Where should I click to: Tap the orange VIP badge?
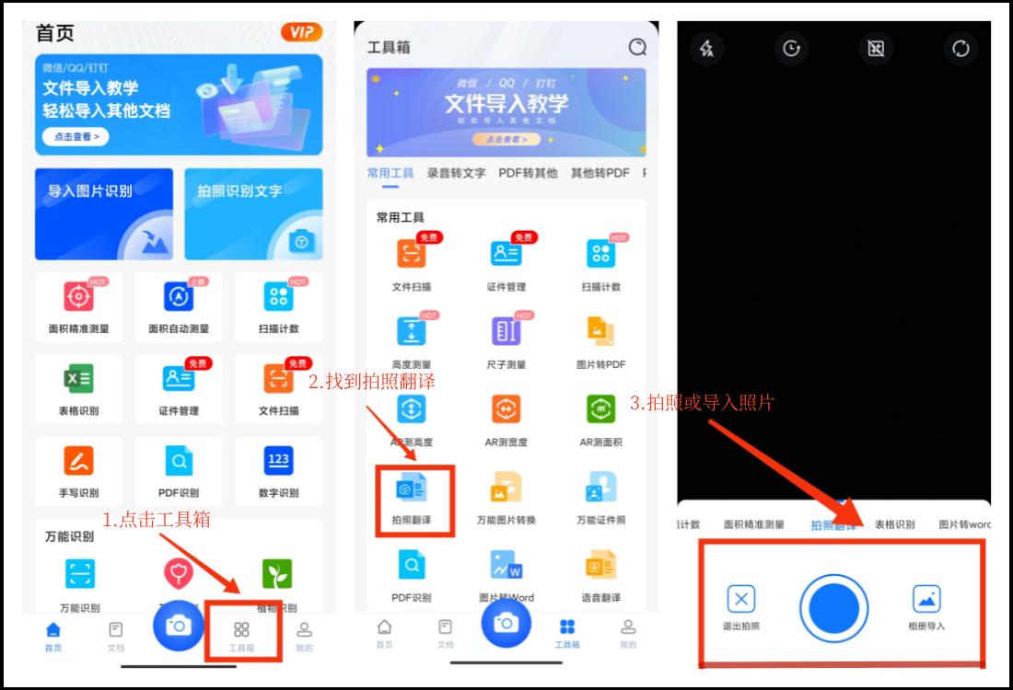click(302, 32)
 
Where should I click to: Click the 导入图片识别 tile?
click(103, 213)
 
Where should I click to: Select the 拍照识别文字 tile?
click(253, 213)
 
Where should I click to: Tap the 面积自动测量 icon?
click(179, 296)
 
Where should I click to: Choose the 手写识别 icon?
click(78, 459)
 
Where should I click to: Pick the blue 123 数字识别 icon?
click(278, 459)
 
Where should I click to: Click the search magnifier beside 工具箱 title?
click(637, 47)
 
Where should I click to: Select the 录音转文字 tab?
click(456, 173)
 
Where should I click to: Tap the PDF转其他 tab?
click(528, 173)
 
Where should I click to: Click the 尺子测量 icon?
click(506, 331)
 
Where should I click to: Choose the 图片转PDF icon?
click(600, 331)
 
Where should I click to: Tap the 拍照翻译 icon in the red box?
click(411, 489)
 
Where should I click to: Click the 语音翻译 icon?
click(600, 565)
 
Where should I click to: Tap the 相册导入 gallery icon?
click(926, 600)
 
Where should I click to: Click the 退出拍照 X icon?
click(741, 600)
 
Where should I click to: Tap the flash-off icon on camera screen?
click(707, 49)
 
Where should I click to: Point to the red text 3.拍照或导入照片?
click(702, 402)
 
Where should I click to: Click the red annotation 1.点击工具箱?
click(156, 520)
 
